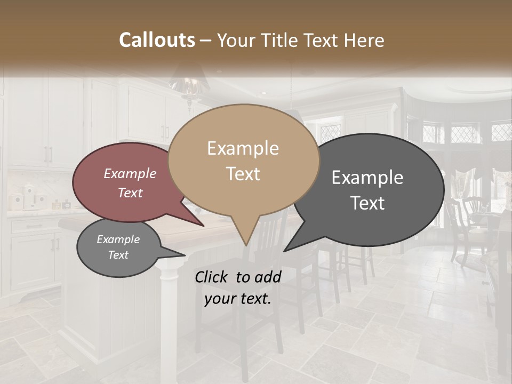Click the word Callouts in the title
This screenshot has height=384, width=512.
pos(157,40)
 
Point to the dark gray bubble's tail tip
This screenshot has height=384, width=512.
pos(286,250)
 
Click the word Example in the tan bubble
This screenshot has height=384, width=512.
pos(243,148)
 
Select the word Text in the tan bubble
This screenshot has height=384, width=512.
pos(243,174)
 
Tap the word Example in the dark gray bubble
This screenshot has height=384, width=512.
pos(367,178)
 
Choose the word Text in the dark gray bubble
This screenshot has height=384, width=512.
pos(367,203)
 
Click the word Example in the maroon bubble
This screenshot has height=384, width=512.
pos(130,174)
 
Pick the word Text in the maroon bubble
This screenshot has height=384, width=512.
pos(130,193)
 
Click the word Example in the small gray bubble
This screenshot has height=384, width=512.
pos(118,239)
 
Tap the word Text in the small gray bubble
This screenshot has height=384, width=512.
pos(118,255)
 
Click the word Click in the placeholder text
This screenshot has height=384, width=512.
pos(213,277)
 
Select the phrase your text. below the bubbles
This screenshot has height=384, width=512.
pos(237,299)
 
